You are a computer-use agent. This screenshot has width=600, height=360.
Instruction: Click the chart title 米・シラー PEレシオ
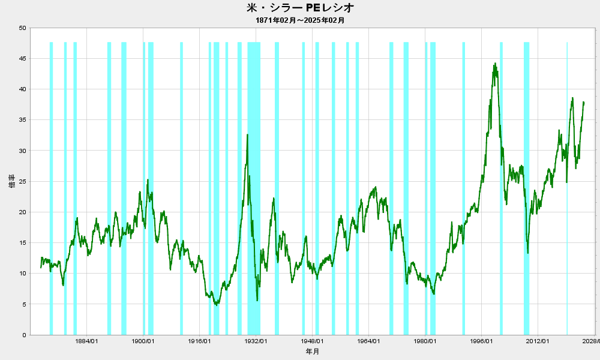(301, 7)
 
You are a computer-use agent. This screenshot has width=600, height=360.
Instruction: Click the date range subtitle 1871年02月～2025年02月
(300, 20)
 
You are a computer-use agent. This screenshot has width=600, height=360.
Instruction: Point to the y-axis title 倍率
(12, 181)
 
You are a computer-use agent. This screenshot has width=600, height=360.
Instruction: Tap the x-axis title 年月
(312, 351)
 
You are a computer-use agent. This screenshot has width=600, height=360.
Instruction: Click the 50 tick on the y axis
(22, 28)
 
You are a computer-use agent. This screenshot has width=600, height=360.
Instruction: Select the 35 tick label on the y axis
(22, 120)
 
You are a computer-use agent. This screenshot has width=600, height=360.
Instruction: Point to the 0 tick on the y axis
(24, 335)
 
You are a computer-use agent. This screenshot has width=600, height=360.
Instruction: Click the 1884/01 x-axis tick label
(87, 341)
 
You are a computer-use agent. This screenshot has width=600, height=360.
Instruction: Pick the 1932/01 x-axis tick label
(256, 341)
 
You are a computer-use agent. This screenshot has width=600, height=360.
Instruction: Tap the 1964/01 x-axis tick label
(368, 341)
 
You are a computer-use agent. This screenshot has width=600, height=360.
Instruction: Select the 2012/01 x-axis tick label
(538, 341)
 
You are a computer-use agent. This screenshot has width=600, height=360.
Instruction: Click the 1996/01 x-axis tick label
(481, 341)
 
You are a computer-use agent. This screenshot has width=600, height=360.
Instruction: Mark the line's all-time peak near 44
(495, 64)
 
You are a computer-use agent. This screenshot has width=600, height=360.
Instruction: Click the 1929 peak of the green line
(248, 134)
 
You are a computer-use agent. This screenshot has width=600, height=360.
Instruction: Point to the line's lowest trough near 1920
(217, 305)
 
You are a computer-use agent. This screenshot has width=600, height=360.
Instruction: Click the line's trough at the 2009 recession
(527, 253)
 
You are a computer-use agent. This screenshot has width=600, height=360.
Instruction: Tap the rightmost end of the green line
(584, 103)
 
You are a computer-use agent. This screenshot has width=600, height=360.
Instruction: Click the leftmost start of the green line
(41, 268)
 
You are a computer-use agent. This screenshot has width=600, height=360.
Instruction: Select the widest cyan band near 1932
(254, 188)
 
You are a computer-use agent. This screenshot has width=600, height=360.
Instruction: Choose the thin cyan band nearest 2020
(567, 188)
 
